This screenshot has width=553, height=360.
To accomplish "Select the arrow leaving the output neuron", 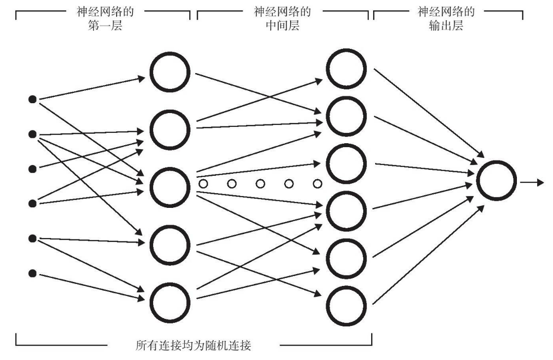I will (x=533, y=182).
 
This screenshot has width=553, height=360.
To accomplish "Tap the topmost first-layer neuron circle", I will (x=170, y=74).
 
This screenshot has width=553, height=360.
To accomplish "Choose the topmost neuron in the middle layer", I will (x=346, y=69).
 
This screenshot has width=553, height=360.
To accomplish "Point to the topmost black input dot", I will (x=33, y=100).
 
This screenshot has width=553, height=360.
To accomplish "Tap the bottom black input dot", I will (x=33, y=273).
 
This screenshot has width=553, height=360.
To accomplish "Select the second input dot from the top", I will (x=33, y=134).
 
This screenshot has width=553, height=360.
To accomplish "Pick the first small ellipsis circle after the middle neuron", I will (x=203, y=184).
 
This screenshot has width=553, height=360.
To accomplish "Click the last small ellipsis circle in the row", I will (x=318, y=184).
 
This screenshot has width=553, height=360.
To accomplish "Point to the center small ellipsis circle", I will (x=260, y=184).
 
